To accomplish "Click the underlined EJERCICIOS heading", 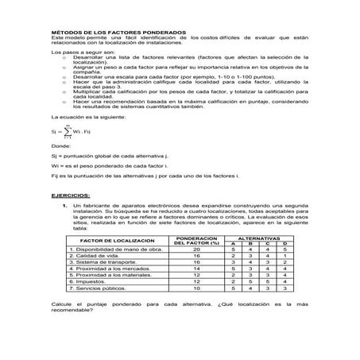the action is pyautogui.click(x=71, y=194).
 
